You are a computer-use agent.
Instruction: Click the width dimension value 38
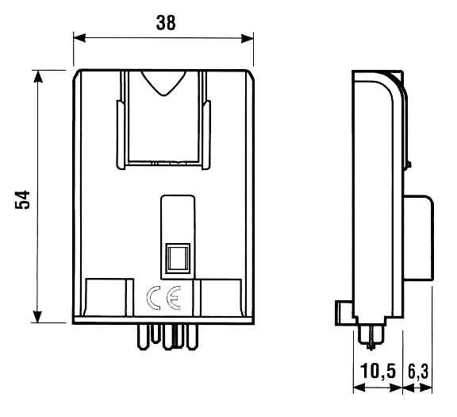165,23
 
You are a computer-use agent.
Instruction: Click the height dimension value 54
24,199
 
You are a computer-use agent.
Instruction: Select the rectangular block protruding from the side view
418,238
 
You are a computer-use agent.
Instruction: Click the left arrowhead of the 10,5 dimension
357,389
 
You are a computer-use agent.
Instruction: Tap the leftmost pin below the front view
140,338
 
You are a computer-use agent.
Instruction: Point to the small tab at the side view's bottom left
341,311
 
